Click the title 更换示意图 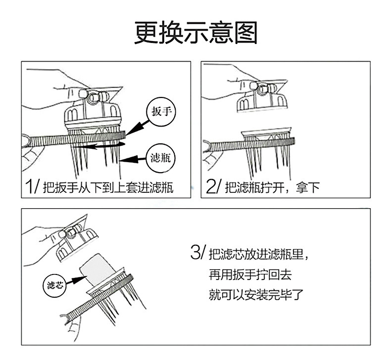195,32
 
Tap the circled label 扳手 160,112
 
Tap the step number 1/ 32,187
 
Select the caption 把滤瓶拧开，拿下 272,187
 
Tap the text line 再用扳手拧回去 253,275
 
